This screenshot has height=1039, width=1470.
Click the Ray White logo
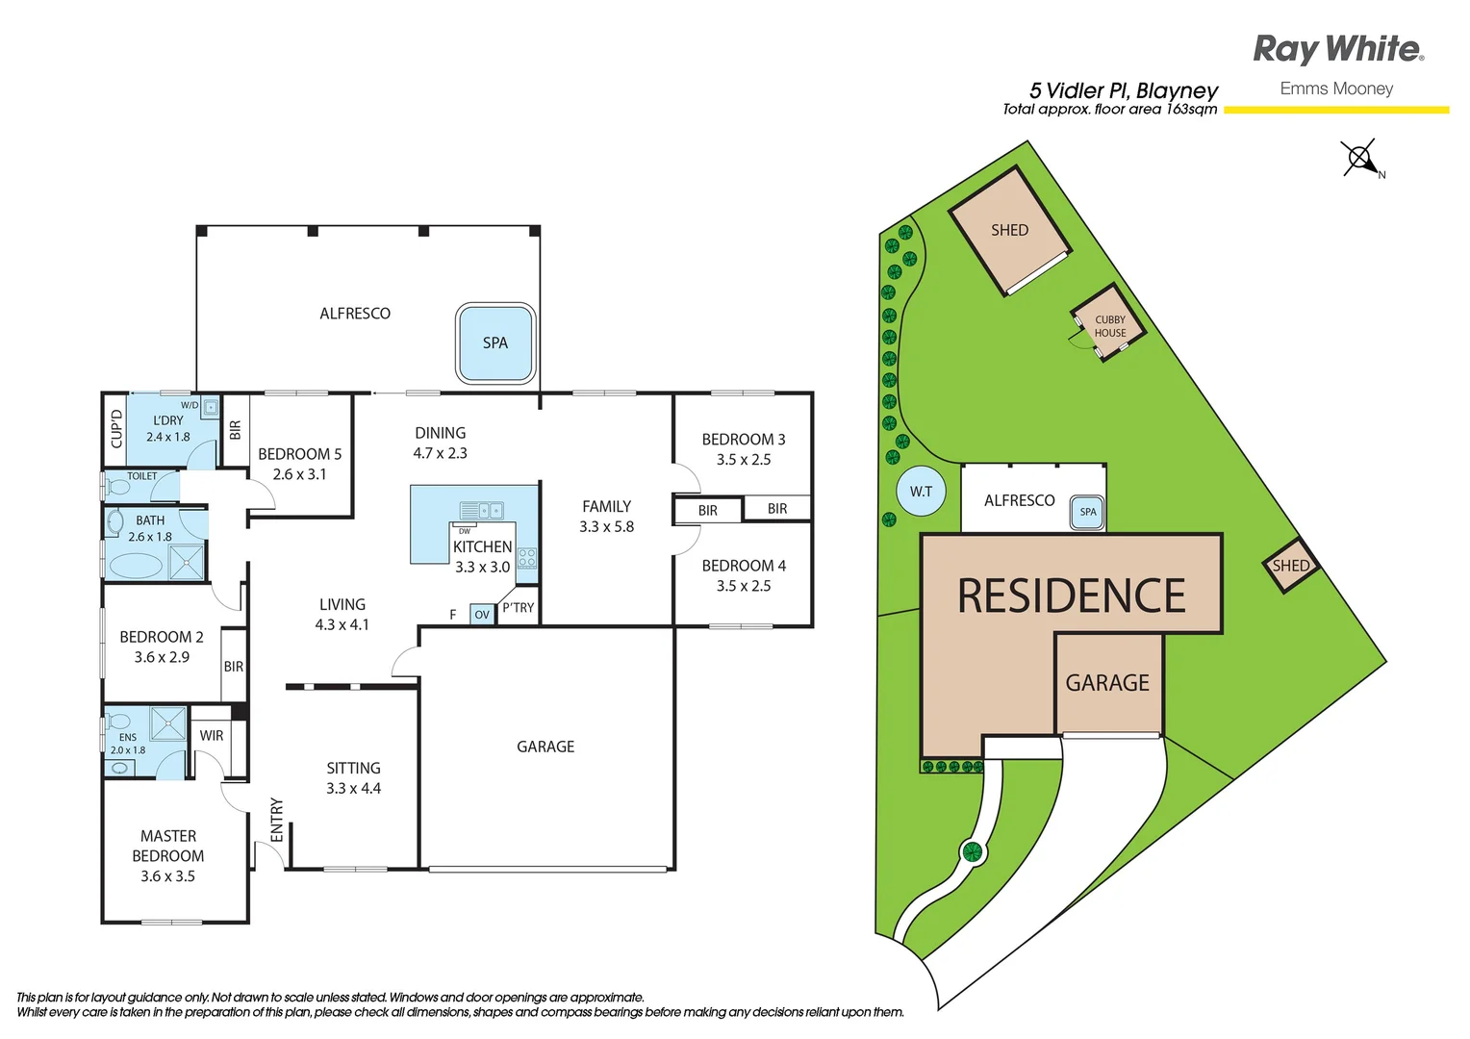[1337, 49]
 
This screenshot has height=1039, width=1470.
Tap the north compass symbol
[1360, 158]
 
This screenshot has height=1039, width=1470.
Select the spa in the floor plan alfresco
[495, 343]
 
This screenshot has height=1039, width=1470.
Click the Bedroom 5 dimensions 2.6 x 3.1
[299, 474]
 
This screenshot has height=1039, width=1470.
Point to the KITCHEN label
[482, 546]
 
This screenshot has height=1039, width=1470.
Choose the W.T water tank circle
[921, 492]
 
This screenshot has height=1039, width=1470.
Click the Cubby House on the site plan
[1109, 325]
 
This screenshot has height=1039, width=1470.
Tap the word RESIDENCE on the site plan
[1071, 596]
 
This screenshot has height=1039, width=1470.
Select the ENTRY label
[277, 820]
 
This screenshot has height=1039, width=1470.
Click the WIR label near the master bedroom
[212, 736]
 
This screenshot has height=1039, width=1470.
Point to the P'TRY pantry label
[518, 608]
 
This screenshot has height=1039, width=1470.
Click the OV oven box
[482, 615]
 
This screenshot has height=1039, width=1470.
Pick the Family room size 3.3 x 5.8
[606, 527]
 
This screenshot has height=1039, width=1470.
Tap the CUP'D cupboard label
[116, 429]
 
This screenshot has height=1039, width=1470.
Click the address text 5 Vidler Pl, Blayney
[1123, 90]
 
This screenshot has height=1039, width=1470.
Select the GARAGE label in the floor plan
[545, 747]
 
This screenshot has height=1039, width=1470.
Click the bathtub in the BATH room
[136, 565]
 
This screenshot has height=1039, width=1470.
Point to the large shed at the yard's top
[1010, 232]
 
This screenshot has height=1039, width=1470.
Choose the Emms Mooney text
[1336, 89]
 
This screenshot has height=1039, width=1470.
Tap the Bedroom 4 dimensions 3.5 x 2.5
[744, 586]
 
